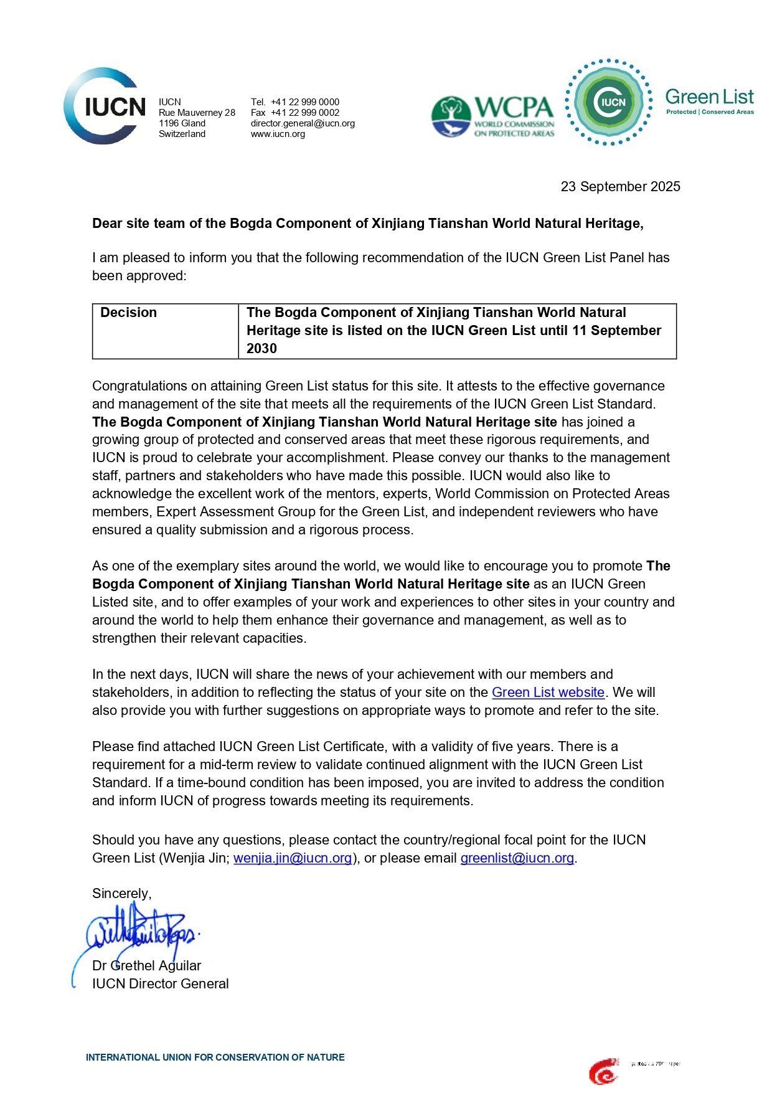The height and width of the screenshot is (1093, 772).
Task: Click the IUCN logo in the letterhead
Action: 105,106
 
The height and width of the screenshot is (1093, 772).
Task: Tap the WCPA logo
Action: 492,116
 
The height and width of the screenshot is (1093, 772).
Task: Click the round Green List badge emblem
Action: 609,102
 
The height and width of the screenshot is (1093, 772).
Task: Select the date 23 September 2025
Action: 620,187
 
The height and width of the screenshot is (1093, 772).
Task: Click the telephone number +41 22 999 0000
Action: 305,102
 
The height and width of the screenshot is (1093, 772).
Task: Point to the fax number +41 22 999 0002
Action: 305,113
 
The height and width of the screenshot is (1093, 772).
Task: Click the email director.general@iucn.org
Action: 303,123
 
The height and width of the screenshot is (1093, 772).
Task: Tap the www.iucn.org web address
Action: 278,134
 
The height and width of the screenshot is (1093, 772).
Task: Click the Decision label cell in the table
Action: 129,313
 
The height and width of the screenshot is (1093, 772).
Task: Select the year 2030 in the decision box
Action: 261,349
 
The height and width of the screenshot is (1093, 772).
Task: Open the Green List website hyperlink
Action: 548,693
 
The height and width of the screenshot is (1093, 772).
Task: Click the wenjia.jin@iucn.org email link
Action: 293,858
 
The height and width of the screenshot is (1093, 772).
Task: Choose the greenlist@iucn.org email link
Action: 517,858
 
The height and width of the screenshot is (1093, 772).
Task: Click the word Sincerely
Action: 121,894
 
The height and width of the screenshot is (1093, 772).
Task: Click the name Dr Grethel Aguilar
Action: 147,966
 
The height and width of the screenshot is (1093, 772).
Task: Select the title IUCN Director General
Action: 161,984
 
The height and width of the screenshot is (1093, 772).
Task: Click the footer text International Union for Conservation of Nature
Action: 215,1058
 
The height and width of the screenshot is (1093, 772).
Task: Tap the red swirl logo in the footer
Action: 603,1072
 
